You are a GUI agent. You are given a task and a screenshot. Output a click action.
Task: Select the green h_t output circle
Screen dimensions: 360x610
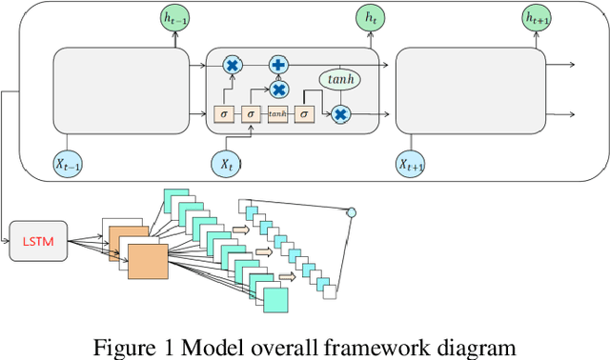pos(368,17)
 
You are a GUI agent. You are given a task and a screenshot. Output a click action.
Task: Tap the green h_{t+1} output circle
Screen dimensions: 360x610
pos(539,17)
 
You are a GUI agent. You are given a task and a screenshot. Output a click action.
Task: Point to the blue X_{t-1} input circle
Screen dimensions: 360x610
pos(68,165)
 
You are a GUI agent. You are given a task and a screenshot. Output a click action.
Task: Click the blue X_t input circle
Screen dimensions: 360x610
pos(227,164)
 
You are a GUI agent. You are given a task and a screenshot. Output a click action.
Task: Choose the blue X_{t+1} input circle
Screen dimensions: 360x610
pos(412,165)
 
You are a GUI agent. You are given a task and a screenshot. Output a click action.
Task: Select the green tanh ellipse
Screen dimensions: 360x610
pos(339,80)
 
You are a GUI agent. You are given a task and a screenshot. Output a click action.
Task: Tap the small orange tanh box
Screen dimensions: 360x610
pos(277,114)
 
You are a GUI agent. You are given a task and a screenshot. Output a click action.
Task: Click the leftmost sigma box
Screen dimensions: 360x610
pos(224,114)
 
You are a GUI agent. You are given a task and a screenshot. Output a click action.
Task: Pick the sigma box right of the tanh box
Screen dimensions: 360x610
pos(304,114)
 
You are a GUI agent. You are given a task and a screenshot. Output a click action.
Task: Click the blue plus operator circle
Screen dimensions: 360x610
pos(279,65)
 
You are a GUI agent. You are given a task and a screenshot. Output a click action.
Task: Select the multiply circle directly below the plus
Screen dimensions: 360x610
pos(279,90)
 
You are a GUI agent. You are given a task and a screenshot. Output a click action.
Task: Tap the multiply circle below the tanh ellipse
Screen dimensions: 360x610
pos(340,114)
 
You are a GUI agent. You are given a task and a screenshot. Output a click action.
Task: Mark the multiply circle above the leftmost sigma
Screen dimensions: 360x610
pos(231,65)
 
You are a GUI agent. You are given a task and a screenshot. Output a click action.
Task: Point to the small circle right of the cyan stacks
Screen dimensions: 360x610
pos(351,211)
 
